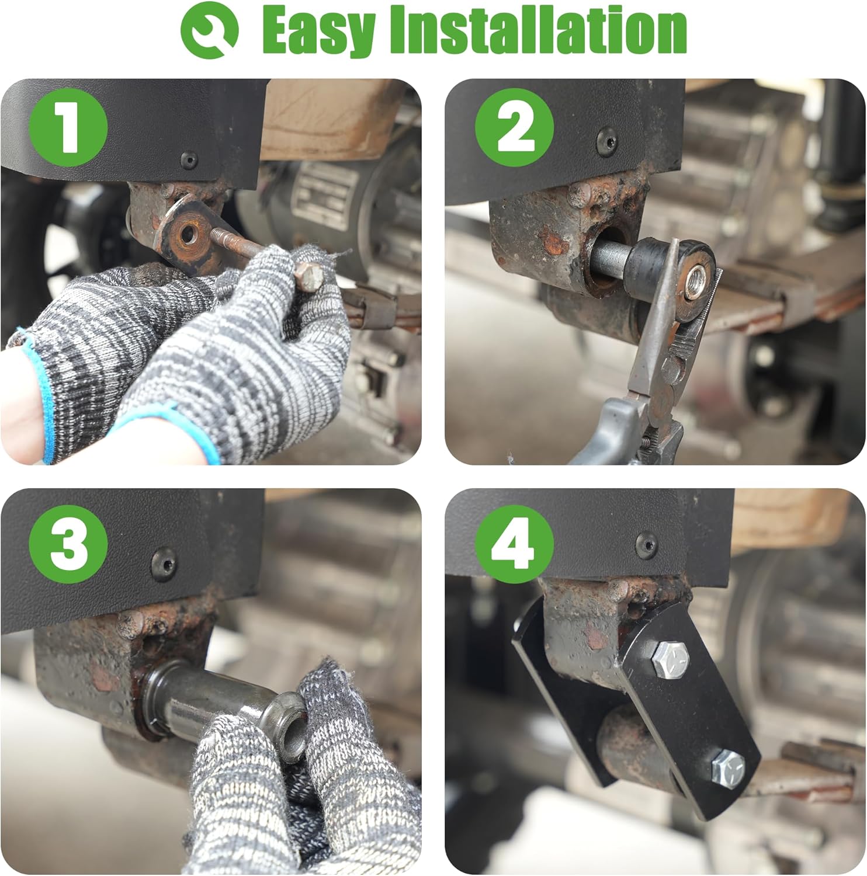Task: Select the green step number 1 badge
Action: coord(68,127)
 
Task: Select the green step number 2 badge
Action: coord(514,127)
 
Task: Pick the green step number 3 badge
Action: coord(68,543)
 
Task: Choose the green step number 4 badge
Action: coord(514,543)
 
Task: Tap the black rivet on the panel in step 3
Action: coord(163,562)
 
